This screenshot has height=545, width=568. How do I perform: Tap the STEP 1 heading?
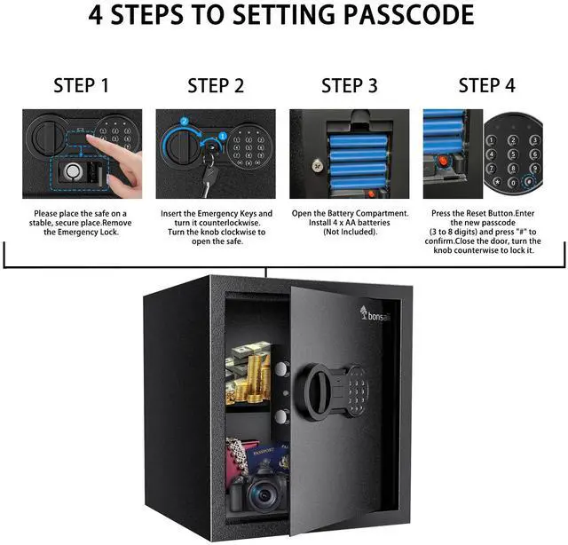pos(82,86)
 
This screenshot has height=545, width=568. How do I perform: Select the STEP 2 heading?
pos(215,86)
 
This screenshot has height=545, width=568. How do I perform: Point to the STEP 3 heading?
pos(349,86)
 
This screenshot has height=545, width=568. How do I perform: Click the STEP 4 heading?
pos(486,86)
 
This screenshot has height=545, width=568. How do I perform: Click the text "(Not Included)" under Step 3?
pos(349,232)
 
